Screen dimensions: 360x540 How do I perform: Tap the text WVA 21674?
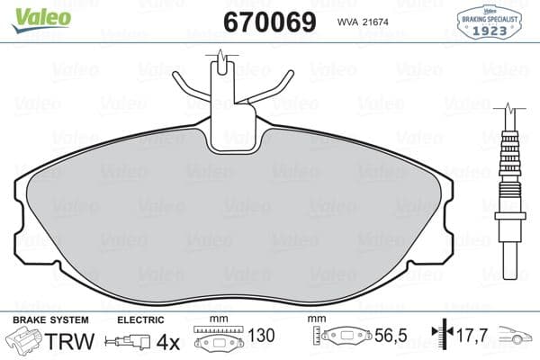tap(364, 22)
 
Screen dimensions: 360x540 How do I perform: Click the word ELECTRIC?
tap(140, 320)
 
